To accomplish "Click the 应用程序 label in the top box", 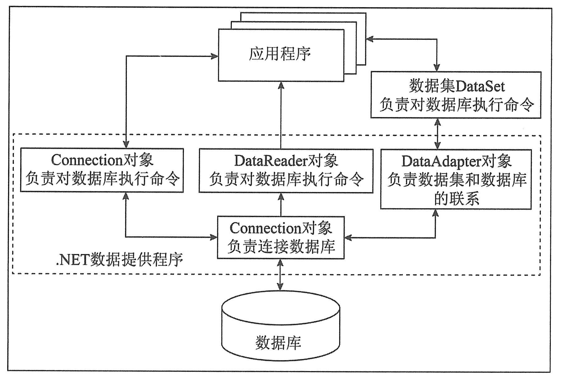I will pos(280,54).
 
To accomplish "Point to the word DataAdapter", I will pos(441,161).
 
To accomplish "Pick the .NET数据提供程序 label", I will pos(119,260).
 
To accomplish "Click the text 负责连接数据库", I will pos(281,247).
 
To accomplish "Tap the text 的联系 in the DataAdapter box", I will pos(456,199).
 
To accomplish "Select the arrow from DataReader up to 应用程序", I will pos(281,115).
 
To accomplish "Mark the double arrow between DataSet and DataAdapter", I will pos(438,134).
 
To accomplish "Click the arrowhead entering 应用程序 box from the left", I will pos(215,56).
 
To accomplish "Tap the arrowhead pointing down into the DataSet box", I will pos(437,68).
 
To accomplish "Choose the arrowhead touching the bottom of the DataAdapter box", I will pos(435,213).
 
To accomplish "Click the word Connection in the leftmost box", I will pos(87,160).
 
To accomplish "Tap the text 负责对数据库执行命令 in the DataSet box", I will pos(456,105).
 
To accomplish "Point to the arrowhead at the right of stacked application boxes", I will pos(370,39).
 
